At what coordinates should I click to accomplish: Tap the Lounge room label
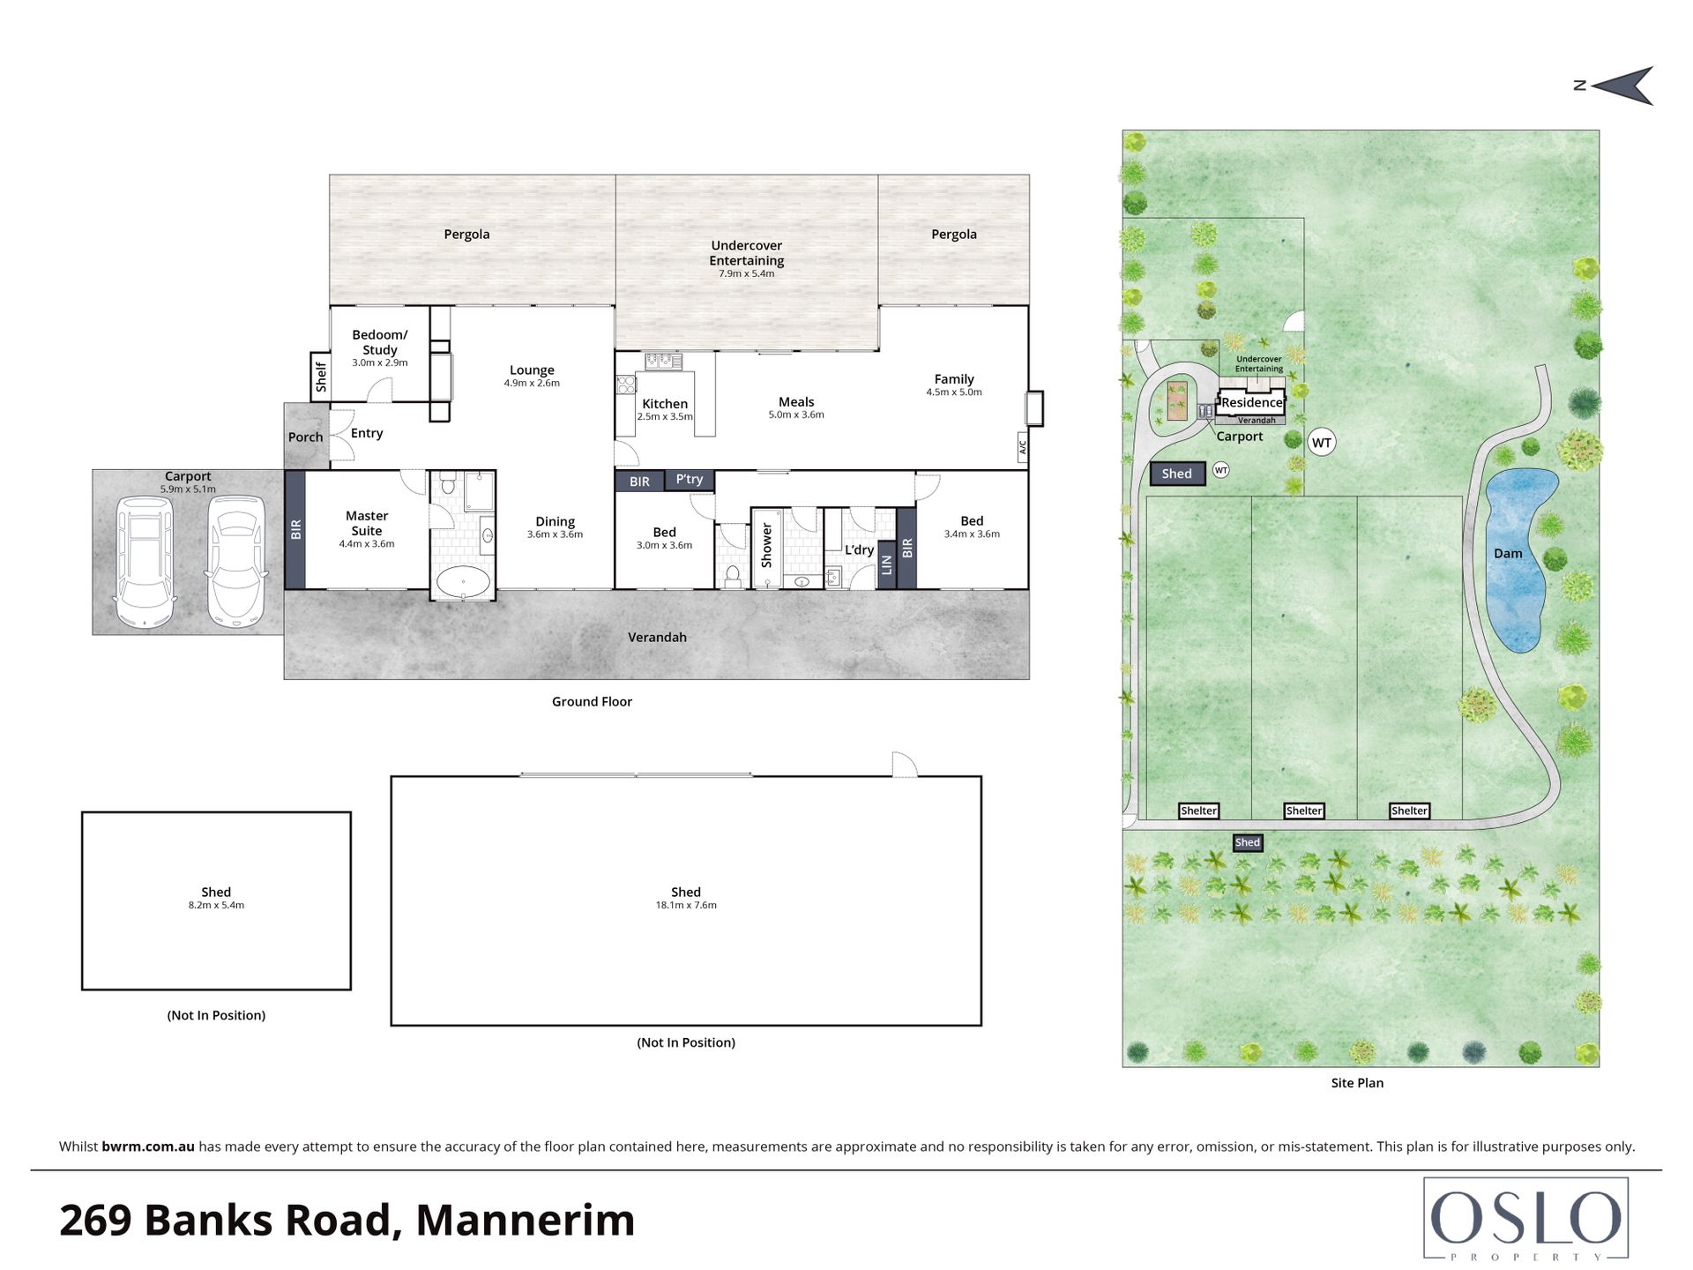click(532, 370)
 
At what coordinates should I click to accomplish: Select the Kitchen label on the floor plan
click(665, 404)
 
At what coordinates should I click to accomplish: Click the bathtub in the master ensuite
click(463, 582)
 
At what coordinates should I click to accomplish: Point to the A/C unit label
click(1023, 447)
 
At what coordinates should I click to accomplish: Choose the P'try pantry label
click(690, 480)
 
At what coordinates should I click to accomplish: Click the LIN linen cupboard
click(887, 565)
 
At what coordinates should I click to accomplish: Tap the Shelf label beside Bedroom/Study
click(320, 377)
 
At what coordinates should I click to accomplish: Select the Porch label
click(305, 437)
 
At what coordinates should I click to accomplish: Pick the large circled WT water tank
click(1321, 443)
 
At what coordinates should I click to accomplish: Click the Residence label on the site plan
click(1252, 402)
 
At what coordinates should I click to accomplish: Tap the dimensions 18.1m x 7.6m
click(686, 905)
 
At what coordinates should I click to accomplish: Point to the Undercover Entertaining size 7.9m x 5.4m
click(747, 273)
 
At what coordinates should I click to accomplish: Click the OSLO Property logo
click(1525, 1219)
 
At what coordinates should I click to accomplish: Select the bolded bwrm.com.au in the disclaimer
click(148, 1147)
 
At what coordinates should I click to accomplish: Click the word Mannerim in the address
click(526, 1221)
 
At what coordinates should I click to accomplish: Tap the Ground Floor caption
click(592, 702)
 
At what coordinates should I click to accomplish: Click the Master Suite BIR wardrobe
click(295, 529)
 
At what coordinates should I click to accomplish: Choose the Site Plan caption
click(1357, 1083)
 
